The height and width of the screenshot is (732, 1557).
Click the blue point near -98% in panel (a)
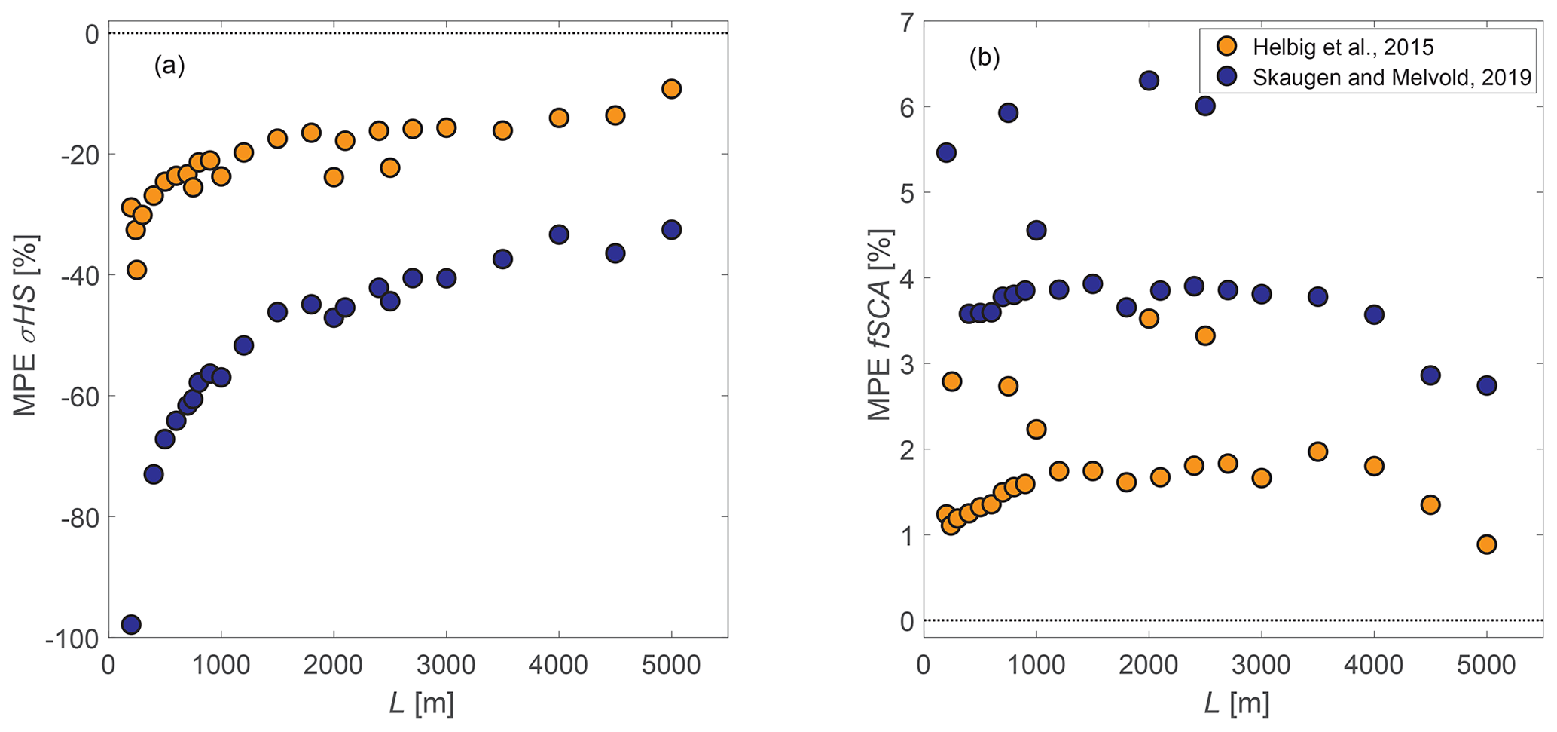coord(131,624)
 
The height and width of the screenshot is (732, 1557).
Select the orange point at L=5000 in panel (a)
coord(671,89)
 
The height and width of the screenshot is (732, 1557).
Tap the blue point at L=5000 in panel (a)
coord(671,229)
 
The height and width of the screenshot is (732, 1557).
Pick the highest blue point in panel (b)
coord(1149,81)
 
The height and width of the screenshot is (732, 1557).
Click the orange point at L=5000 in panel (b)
coord(1486,544)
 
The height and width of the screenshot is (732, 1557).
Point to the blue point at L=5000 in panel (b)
coord(1486,385)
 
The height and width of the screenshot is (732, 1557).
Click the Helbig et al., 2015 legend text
coord(1343,47)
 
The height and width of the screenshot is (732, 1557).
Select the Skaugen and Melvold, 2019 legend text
coord(1392,77)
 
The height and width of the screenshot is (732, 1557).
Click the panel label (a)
coord(169,66)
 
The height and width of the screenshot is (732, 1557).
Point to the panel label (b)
coord(985,58)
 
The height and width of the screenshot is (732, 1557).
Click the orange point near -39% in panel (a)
coord(136,270)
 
